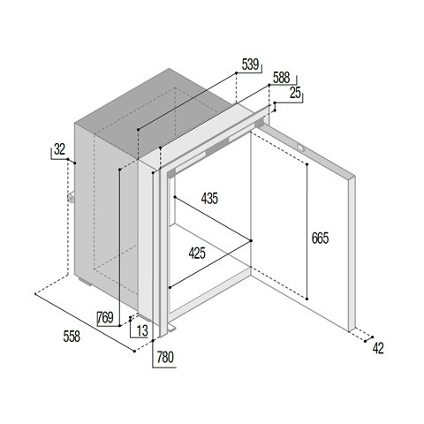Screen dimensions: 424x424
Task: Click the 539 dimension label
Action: coord(250,64)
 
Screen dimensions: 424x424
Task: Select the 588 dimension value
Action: coord(281,78)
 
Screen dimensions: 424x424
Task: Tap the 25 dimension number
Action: coord(295,93)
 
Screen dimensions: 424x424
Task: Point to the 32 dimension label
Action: coord(59,149)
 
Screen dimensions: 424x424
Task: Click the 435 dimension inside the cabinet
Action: coord(209,199)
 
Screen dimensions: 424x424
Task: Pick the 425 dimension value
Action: coord(197,254)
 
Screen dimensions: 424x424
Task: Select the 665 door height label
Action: coord(320,238)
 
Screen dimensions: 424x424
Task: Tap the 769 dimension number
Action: coord(105,317)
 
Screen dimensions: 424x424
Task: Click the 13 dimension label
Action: coord(142,330)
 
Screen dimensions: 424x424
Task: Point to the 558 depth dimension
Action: coord(72,337)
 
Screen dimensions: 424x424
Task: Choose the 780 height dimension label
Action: coord(165,358)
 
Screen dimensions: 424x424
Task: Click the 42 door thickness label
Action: coord(378,349)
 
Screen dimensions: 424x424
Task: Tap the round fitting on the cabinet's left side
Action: coord(72,197)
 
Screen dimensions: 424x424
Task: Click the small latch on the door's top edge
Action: coord(301,148)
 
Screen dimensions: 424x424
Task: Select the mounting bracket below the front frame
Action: coord(172,328)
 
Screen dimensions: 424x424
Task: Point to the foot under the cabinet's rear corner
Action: coord(85,281)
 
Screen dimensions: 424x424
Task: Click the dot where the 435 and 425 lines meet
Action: coord(251,240)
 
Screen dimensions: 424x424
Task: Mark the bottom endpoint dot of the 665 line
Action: coord(307,299)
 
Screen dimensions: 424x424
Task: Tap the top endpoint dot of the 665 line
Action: coord(307,164)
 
